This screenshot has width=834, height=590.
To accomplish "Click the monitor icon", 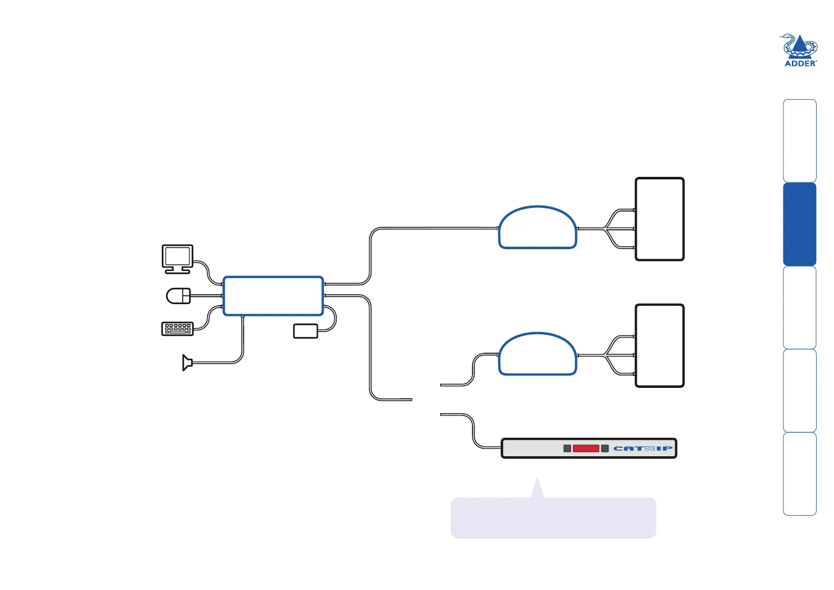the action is [x=177, y=259].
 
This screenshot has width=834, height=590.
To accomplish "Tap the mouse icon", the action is [x=178, y=296].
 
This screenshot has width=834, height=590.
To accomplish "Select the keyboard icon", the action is [x=177, y=329].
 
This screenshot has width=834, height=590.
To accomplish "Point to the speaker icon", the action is [x=187, y=363].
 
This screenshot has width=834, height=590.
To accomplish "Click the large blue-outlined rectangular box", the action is [x=273, y=296].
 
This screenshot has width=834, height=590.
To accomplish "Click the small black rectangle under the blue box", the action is [x=306, y=331].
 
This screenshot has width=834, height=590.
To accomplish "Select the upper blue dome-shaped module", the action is [x=538, y=227].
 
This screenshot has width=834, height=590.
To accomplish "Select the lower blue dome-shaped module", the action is [x=538, y=354].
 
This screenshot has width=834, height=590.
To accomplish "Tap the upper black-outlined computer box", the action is [x=660, y=219].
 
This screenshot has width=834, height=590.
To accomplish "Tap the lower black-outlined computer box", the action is [x=660, y=346].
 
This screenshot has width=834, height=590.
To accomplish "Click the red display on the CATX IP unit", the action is [x=586, y=448].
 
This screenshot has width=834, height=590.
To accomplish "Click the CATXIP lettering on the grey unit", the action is [x=643, y=448].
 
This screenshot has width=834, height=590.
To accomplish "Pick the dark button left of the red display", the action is [x=567, y=448].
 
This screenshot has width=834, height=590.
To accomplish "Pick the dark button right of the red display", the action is [x=605, y=448].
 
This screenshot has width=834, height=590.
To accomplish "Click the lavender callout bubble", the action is [x=553, y=517].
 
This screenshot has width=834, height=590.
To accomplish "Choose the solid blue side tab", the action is [x=800, y=224].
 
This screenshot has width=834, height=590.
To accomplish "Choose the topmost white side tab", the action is [x=800, y=141].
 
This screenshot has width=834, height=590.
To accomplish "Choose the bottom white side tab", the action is [x=800, y=474].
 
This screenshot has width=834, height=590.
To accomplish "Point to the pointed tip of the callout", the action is [x=537, y=477].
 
